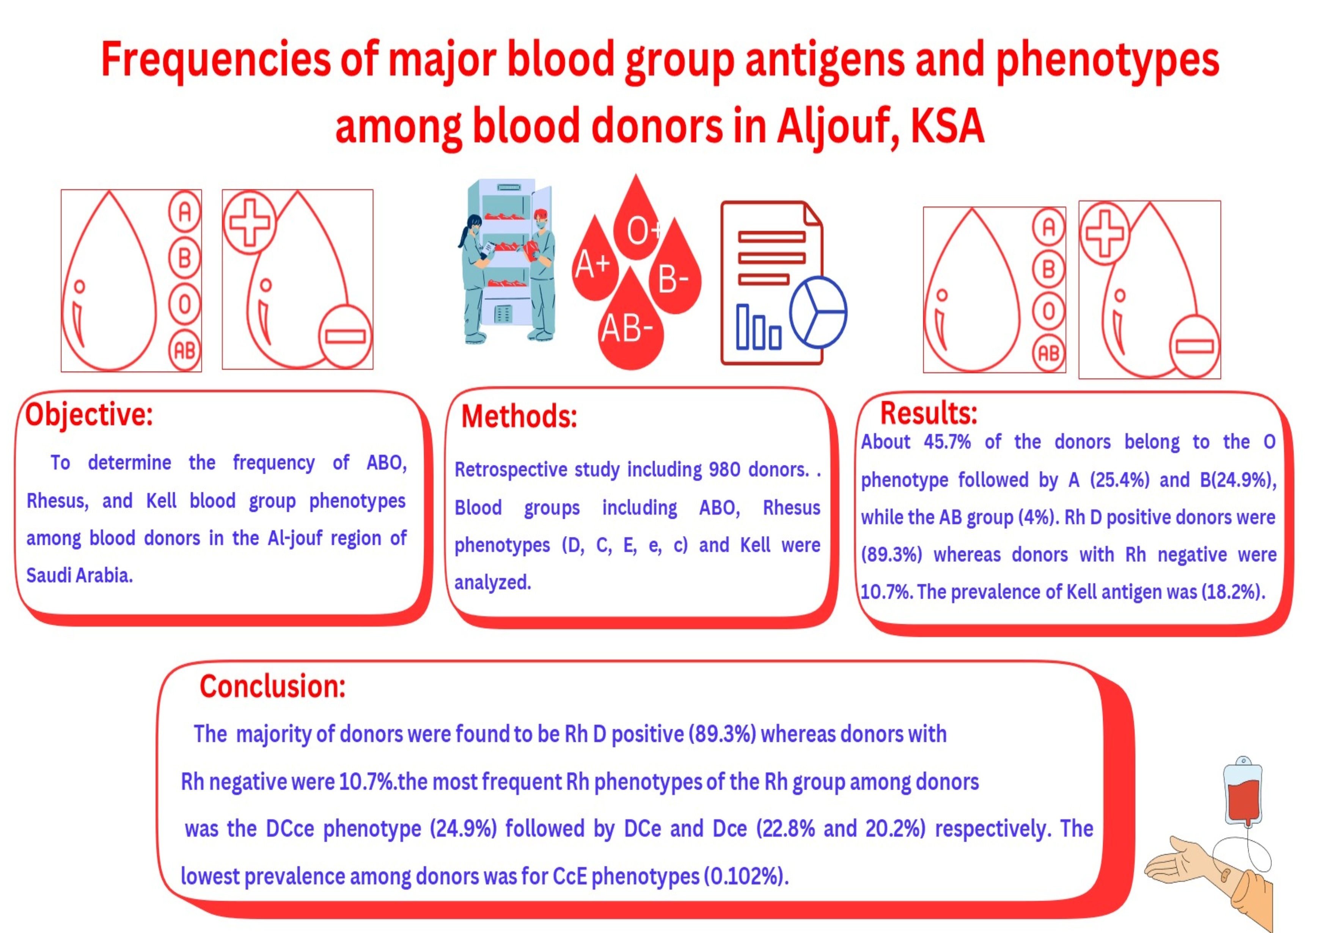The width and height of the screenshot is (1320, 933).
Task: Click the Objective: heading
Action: [89, 415]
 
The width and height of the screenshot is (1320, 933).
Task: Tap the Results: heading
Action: [929, 412]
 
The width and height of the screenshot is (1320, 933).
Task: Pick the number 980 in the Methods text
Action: [724, 470]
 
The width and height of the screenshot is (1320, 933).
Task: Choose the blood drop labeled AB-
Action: [631, 322]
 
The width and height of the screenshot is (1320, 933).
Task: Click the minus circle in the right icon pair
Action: [1194, 346]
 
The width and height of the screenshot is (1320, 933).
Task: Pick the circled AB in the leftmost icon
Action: [185, 350]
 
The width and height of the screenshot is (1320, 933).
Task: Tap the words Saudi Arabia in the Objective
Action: [79, 575]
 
